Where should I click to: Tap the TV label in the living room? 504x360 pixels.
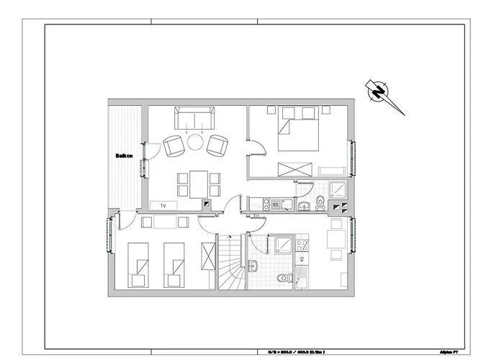(163, 206)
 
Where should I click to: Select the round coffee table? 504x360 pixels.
(195, 143)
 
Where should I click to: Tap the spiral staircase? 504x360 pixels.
(230, 263)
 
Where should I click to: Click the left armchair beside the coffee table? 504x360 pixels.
(173, 147)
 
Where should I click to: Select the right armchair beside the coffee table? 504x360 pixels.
(217, 147)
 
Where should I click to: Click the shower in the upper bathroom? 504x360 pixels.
(338, 191)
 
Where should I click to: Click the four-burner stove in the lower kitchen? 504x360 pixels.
(302, 247)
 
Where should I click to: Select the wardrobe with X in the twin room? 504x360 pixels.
(209, 256)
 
